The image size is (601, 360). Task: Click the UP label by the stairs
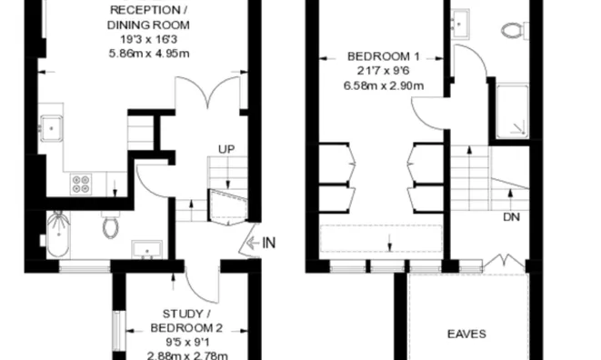click(226, 149)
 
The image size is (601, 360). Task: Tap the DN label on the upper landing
click(511, 217)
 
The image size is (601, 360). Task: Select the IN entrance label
click(269, 243)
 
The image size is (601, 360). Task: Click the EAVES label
click(466, 334)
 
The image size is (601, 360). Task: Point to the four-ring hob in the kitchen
click(81, 184)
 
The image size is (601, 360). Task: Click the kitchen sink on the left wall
click(51, 128)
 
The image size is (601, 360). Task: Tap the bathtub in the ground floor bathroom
click(58, 234)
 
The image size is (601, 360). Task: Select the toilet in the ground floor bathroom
click(110, 225)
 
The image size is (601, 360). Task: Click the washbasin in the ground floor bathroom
click(146, 249)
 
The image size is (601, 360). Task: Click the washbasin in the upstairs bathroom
click(459, 25)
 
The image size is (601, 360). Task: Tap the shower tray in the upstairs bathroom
click(512, 112)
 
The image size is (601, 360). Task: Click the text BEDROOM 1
click(384, 56)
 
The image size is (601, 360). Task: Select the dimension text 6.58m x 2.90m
click(384, 85)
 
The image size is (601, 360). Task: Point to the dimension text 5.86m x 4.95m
click(149, 54)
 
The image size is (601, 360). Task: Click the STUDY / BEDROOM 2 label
click(186, 321)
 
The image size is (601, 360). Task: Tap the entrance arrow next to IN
click(253, 243)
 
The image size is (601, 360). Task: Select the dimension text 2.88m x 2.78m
click(187, 355)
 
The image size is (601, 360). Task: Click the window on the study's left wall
click(118, 331)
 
